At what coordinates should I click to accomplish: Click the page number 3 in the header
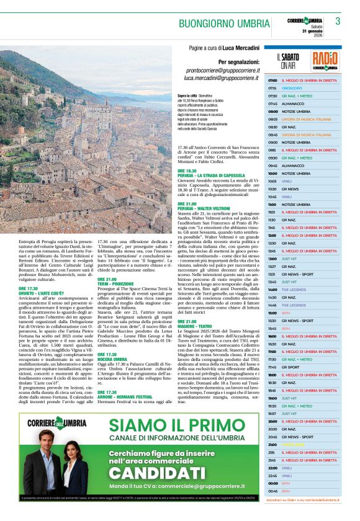(338, 21)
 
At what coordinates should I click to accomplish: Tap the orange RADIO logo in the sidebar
(325, 60)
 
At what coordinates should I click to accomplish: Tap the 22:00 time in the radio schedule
(272, 467)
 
